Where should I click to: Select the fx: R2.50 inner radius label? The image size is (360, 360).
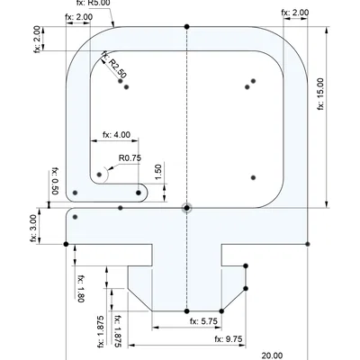(x=114, y=64)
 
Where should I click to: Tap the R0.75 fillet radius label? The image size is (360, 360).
(x=130, y=157)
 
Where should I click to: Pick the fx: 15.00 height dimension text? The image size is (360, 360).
(x=320, y=94)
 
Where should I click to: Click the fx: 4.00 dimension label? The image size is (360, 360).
(x=117, y=135)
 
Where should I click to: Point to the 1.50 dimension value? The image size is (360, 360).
(x=158, y=172)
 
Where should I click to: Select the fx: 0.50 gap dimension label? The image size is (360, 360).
(x=55, y=181)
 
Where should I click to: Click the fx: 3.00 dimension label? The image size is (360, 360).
(x=34, y=228)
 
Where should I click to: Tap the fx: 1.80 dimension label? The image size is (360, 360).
(x=81, y=289)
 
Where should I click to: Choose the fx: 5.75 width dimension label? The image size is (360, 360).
(x=203, y=321)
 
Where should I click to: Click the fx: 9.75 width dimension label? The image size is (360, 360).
(x=229, y=339)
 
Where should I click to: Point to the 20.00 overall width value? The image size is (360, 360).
(x=272, y=355)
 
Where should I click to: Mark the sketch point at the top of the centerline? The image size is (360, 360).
(x=187, y=27)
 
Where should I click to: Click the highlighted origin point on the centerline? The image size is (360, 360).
(x=187, y=208)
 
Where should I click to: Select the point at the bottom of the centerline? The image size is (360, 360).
(x=187, y=311)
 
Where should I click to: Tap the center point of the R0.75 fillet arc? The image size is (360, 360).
(x=99, y=175)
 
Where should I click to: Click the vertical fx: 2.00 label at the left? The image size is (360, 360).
(x=37, y=40)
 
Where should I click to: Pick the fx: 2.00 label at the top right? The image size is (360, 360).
(x=295, y=13)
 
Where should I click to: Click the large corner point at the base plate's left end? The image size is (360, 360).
(x=66, y=244)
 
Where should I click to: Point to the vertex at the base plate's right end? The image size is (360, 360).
(x=308, y=244)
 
